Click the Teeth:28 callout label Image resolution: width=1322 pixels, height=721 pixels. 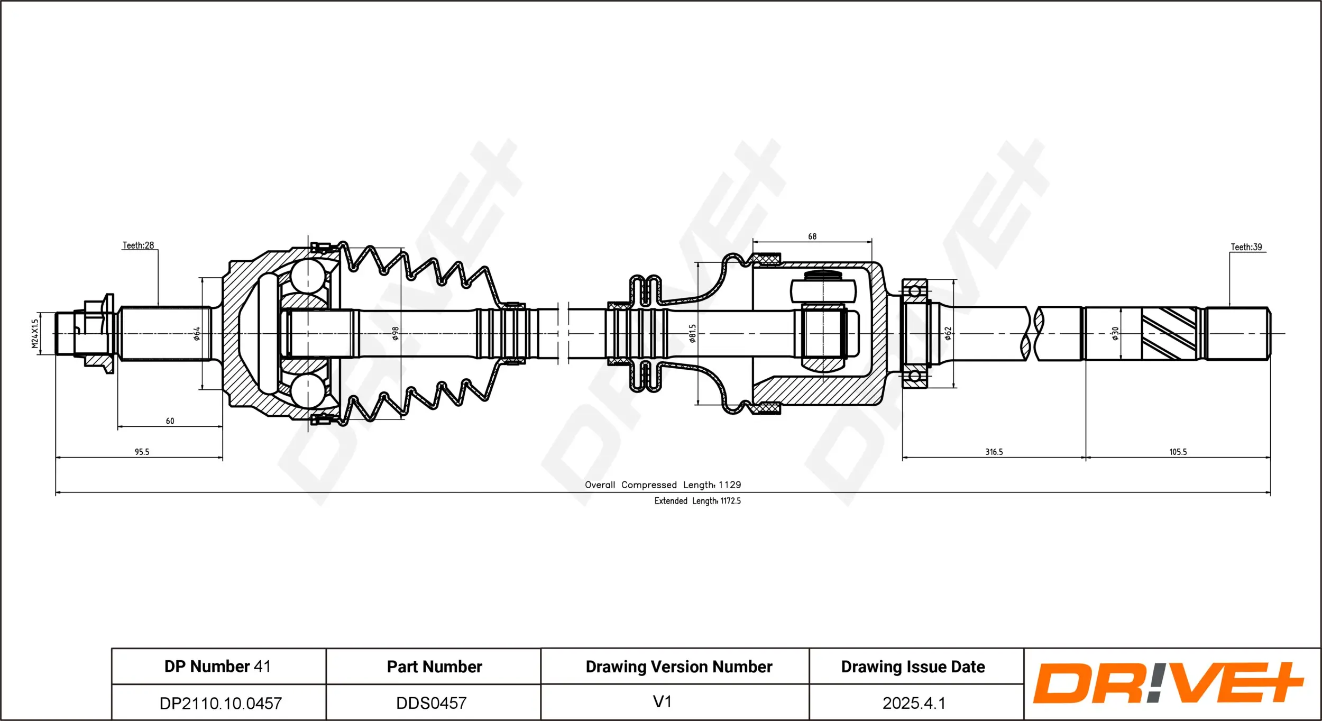pos(138,245)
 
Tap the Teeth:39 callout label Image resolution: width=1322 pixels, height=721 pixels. pos(1246,247)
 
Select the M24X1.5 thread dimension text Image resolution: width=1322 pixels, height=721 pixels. pos(35,333)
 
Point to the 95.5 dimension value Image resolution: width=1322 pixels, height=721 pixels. pos(142,452)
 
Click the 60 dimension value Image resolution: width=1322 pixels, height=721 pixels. pos(170,421)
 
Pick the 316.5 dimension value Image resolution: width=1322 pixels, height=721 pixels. pos(994,452)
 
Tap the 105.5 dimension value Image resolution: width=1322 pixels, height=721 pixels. pos(1178,452)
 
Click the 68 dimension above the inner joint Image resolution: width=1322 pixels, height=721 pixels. pos(812,236)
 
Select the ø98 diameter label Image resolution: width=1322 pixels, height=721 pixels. pos(395,333)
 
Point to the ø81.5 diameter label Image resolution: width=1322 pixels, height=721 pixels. pos(693,334)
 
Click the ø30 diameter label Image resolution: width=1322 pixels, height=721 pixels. pos(1115,333)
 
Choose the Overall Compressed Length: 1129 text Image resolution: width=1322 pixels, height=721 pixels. pos(663,485)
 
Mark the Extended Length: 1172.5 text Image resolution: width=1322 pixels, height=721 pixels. pos(697,501)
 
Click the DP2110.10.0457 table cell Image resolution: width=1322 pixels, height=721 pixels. pos(221,703)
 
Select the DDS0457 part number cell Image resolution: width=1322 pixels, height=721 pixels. pos(432,703)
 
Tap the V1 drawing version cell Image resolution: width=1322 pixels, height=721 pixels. pos(662,701)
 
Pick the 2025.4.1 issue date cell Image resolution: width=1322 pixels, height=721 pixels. pos(914,703)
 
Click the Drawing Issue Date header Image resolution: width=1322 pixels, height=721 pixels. pos(913,667)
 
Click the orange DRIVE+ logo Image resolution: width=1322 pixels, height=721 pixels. pos(1168,683)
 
